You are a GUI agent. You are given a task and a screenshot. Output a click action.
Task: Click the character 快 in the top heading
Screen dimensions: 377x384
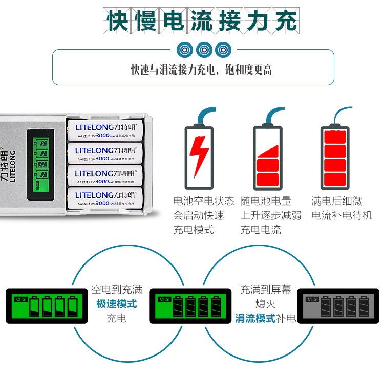pyautogui.click(x=117, y=21)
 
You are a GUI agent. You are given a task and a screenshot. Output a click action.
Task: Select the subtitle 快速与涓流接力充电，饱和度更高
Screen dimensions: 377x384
pyautogui.click(x=201, y=70)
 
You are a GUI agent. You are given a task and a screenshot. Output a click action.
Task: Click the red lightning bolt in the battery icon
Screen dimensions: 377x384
pyautogui.click(x=199, y=154)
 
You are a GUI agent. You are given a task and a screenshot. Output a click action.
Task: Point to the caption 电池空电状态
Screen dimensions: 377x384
pyautogui.click(x=204, y=201)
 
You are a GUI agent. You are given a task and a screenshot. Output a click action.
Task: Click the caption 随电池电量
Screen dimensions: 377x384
pyautogui.click(x=266, y=201)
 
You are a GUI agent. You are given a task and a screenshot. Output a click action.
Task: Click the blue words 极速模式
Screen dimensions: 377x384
pyautogui.click(x=117, y=304)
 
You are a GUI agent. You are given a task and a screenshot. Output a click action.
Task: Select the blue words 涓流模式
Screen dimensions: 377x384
pyautogui.click(x=255, y=318)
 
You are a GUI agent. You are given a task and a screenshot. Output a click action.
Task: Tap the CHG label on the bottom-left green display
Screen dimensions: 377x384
pyautogui.click(x=21, y=299)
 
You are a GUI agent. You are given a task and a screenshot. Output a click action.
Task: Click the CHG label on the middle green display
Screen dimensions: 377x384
pyautogui.click(x=164, y=299)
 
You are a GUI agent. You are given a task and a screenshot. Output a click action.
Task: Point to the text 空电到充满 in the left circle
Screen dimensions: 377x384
pyautogui.click(x=116, y=290)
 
